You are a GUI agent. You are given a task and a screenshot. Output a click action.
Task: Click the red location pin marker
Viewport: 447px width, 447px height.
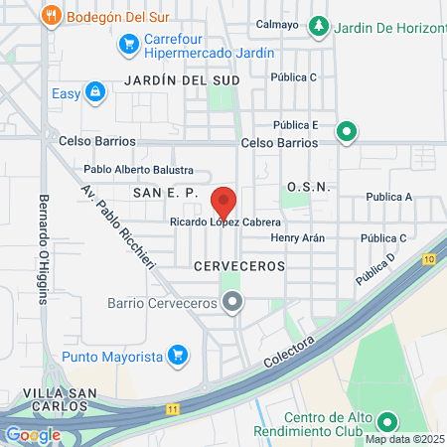[223, 202]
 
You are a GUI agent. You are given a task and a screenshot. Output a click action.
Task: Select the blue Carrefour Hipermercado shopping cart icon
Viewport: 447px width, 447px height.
[127, 44]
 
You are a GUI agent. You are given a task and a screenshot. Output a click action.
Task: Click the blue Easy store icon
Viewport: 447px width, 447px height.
[94, 92]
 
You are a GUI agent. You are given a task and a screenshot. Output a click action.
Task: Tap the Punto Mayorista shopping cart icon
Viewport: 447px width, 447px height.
[178, 354]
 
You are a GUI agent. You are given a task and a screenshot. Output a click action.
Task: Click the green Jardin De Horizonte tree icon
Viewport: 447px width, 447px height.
[319, 26]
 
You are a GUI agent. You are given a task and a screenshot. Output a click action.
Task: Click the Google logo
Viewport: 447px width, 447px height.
[33, 434]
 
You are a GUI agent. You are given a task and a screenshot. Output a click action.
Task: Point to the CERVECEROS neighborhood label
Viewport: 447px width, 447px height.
[239, 266]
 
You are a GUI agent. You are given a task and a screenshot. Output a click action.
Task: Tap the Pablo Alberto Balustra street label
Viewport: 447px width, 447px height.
[138, 171]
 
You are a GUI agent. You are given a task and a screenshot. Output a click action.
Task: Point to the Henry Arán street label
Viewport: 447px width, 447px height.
[297, 238]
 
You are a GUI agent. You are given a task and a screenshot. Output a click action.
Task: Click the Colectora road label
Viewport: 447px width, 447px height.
[292, 354]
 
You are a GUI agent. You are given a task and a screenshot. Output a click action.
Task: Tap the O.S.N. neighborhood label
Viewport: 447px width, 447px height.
[307, 187]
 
